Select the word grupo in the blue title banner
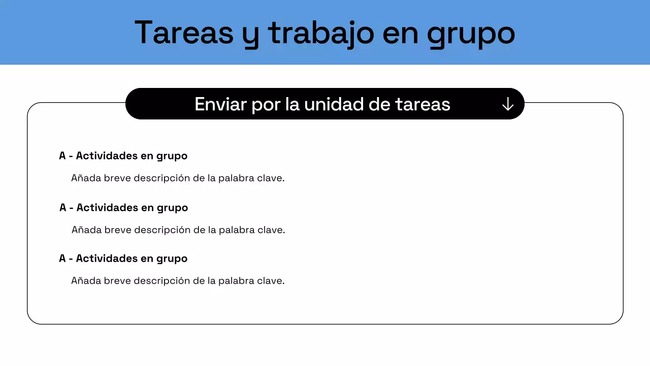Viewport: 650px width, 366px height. click(x=471, y=34)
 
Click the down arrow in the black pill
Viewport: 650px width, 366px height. click(x=508, y=104)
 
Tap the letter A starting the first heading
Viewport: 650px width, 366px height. click(x=62, y=156)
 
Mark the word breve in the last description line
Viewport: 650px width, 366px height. click(x=117, y=281)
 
